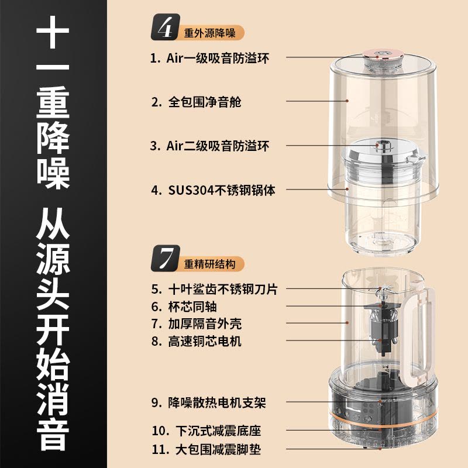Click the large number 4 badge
click(166, 27)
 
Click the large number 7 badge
click(166, 259)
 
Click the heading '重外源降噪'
click(210, 33)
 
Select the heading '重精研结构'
click(210, 264)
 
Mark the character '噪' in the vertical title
click(53, 173)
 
